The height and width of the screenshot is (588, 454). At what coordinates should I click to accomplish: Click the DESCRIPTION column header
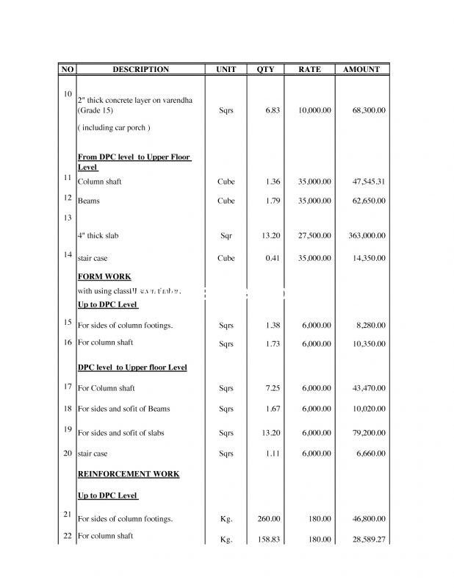[140, 69]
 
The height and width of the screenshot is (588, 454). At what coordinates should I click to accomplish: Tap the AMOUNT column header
[361, 69]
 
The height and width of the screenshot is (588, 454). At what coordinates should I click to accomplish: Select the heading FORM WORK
[104, 277]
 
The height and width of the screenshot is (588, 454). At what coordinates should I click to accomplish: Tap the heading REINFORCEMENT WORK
[129, 474]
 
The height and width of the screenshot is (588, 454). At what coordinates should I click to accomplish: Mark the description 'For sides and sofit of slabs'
[121, 433]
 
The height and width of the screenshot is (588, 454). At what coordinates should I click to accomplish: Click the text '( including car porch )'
[114, 128]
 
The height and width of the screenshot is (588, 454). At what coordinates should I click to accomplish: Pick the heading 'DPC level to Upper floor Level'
[132, 367]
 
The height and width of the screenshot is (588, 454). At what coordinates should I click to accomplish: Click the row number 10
[67, 94]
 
